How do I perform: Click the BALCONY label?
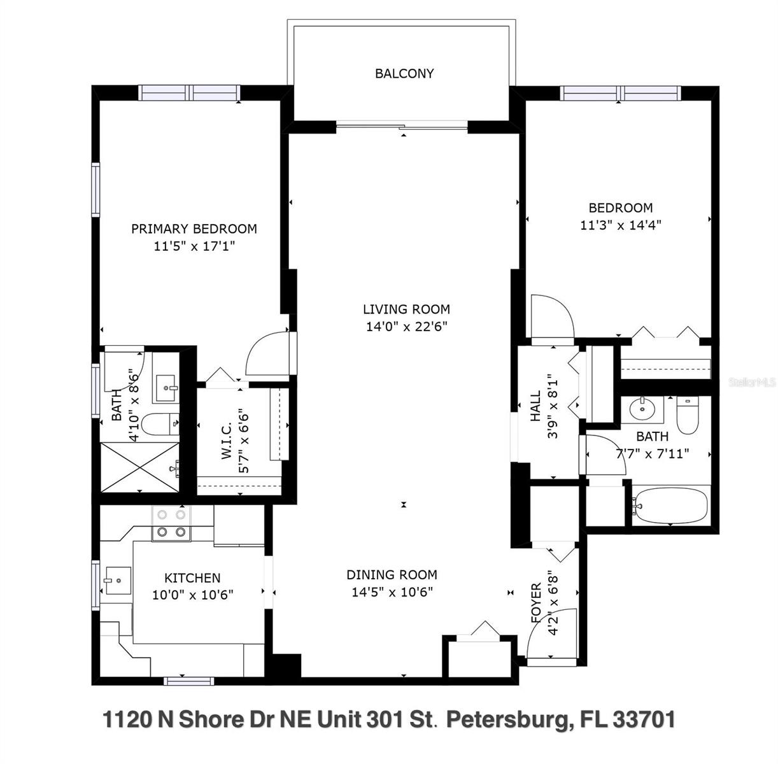[x=404, y=73]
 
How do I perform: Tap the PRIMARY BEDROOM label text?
[x=194, y=229]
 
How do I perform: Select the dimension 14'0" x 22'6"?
[x=406, y=327]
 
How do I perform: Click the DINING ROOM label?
[x=392, y=574]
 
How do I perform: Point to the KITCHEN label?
[x=192, y=577]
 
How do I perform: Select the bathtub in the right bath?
[x=670, y=506]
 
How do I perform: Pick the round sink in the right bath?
[x=643, y=409]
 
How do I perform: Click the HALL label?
[x=535, y=406]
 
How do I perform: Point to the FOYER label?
[x=535, y=602]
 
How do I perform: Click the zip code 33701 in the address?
[x=643, y=720]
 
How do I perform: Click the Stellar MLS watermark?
[x=753, y=383]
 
